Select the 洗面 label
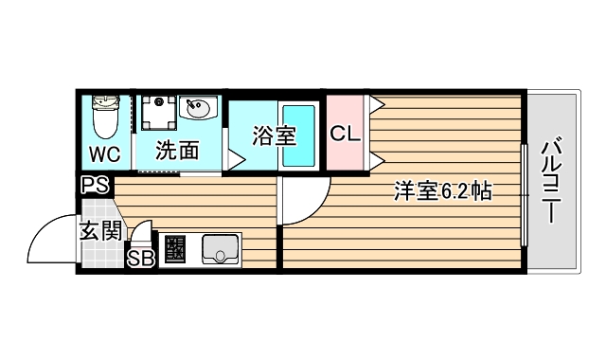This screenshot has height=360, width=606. pyautogui.click(x=178, y=151)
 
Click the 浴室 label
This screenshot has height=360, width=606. pyautogui.click(x=274, y=136)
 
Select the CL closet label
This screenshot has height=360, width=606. pyautogui.click(x=346, y=134)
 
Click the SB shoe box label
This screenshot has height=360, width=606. pyautogui.click(x=140, y=258)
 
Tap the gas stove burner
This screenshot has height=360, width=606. pyautogui.click(x=174, y=251)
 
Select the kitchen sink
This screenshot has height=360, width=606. pyautogui.click(x=220, y=250)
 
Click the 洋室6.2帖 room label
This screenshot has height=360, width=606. pyautogui.click(x=442, y=191)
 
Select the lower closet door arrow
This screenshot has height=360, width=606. pyautogui.click(x=376, y=156)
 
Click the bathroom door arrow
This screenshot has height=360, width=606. pyautogui.click(x=233, y=161)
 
